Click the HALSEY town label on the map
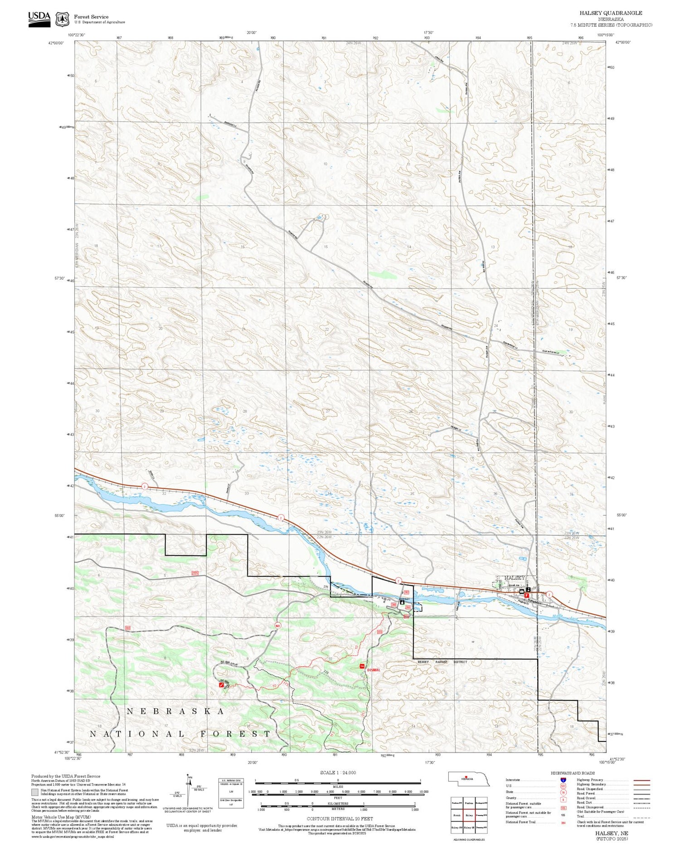coord(513,577)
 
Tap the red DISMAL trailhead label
coord(374,669)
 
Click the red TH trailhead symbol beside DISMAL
coord(362,666)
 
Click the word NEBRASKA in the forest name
coord(175,711)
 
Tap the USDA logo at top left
coord(39,19)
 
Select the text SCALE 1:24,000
coord(338,773)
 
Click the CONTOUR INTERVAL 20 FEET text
coord(340,819)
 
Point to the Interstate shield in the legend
coord(563,780)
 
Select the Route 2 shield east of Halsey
coord(549,594)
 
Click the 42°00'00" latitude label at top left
coord(56,43)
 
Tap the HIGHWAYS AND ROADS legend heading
coord(573,773)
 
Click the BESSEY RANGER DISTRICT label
coord(442,662)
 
